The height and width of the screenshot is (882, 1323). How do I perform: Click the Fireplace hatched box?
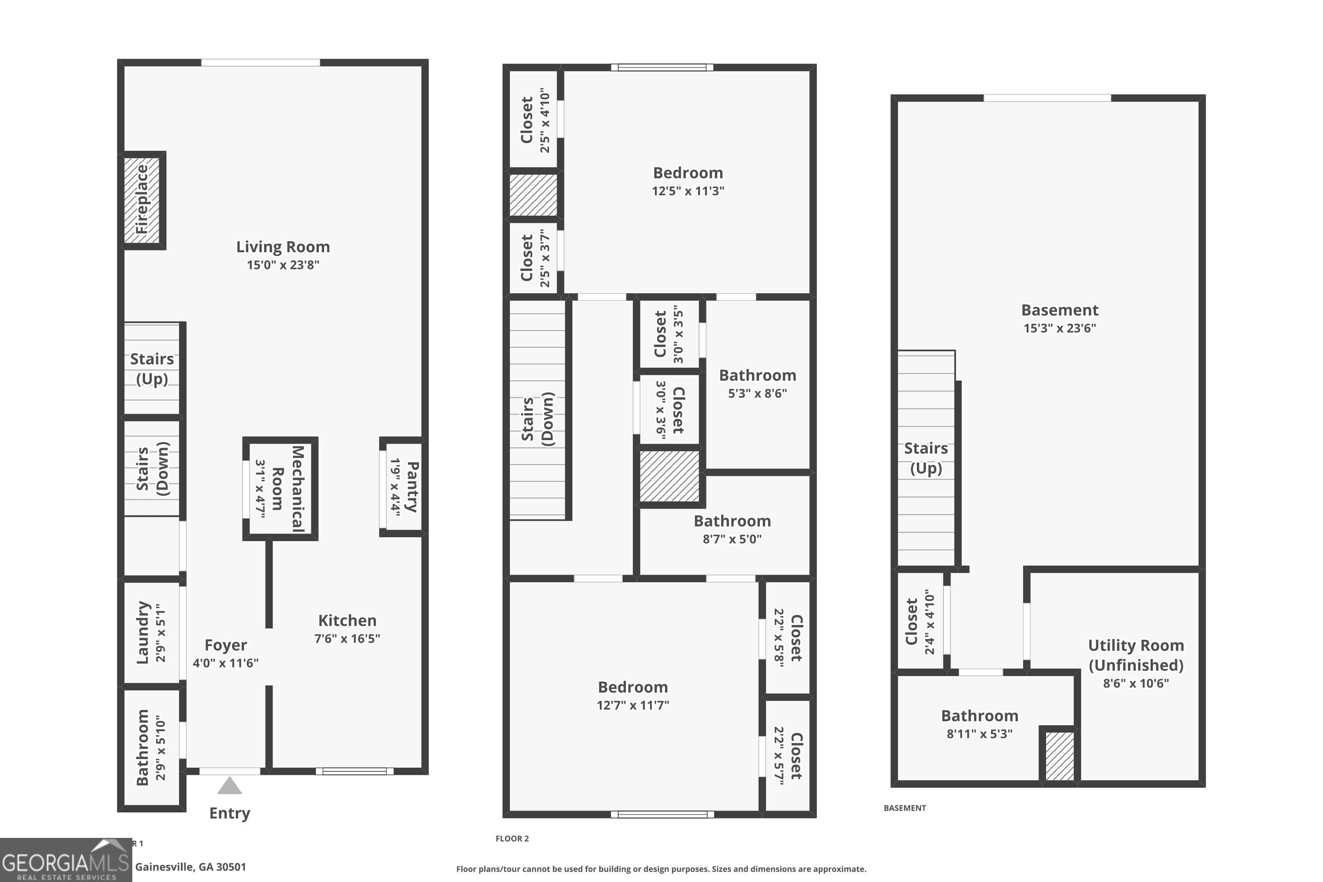coord(142,200)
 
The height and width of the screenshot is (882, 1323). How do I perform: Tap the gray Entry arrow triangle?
coord(229,786)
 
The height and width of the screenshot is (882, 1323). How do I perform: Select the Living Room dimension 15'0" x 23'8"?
coord(283,265)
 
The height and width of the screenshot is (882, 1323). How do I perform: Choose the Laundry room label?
coord(143,632)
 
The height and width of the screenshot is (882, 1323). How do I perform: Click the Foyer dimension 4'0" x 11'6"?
coord(225,663)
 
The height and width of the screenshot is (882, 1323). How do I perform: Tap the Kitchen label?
coord(347,620)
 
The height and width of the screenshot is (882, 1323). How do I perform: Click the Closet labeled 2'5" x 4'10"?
coord(534,120)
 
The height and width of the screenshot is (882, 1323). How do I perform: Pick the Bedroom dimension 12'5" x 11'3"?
coord(688,191)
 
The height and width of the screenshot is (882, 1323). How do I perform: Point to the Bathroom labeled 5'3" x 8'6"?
coord(757,384)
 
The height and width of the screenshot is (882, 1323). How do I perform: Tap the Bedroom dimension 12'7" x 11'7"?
coord(633,705)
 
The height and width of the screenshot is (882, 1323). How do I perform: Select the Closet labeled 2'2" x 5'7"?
coord(788,755)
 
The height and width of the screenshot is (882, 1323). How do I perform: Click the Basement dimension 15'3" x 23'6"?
coord(1059,329)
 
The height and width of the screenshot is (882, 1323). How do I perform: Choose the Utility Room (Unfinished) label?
coord(1136,655)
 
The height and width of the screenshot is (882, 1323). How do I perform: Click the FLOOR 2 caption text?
coord(512,839)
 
